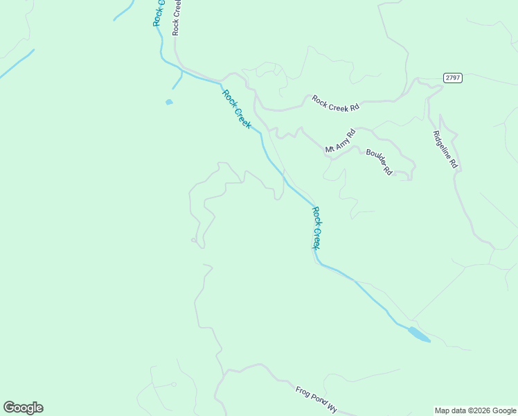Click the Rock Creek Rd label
(x=336, y=104)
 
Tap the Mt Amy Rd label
(x=340, y=141)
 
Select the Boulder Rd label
(x=379, y=162)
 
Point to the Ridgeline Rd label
(x=445, y=150)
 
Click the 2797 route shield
(x=453, y=78)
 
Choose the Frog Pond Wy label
(x=316, y=400)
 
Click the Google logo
(x=23, y=408)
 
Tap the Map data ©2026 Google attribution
(x=476, y=410)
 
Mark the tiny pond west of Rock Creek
(x=169, y=103)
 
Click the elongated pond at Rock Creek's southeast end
(x=418, y=334)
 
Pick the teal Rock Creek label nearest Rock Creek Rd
(x=236, y=108)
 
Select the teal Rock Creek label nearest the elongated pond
(x=316, y=227)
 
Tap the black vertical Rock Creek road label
(x=177, y=18)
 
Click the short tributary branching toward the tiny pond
(x=178, y=80)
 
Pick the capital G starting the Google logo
(x=9, y=408)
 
